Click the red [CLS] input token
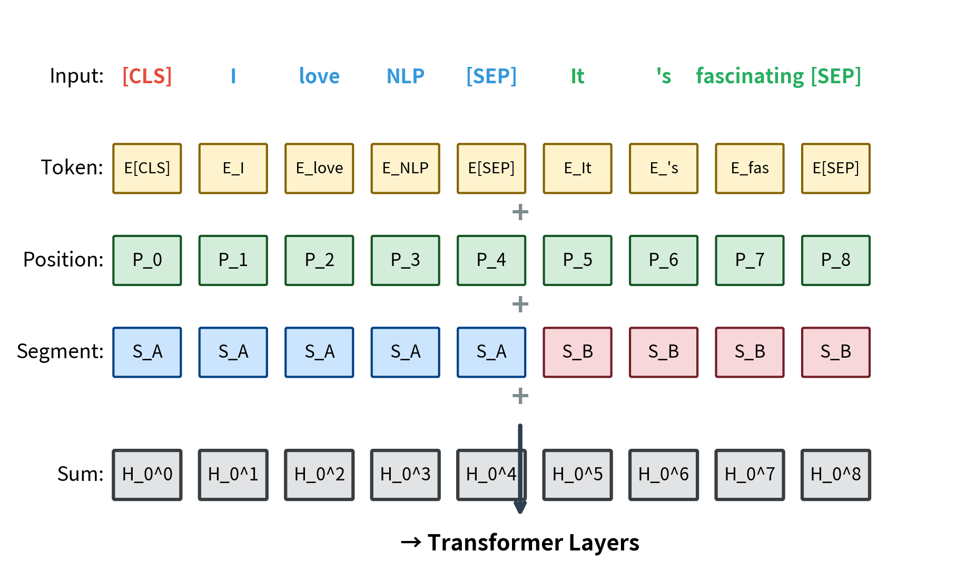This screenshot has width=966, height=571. [x=147, y=76]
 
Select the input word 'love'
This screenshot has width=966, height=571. [x=319, y=76]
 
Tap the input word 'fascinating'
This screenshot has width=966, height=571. [x=750, y=76]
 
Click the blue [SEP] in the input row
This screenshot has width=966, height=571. [x=491, y=76]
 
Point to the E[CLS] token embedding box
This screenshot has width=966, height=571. [x=147, y=169]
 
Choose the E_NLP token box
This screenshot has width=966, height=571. [x=405, y=169]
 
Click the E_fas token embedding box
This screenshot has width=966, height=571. [x=750, y=169]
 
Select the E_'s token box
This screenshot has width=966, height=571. [x=664, y=169]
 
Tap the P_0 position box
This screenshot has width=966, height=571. [x=147, y=260]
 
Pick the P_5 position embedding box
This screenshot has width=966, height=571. [x=577, y=260]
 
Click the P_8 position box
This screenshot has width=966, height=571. [x=835, y=260]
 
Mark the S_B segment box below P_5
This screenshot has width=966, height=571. [x=577, y=352]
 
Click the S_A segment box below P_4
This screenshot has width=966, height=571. [x=491, y=352]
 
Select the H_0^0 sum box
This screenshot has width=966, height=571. [x=147, y=475]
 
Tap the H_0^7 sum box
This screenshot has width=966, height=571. [x=750, y=475]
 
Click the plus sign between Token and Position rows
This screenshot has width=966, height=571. [x=520, y=212]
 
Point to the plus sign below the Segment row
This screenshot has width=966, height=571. [x=520, y=396]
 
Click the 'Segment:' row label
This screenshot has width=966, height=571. [x=60, y=351]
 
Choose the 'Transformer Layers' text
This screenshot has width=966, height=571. [x=533, y=543]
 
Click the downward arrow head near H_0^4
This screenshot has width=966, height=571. [x=520, y=507]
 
